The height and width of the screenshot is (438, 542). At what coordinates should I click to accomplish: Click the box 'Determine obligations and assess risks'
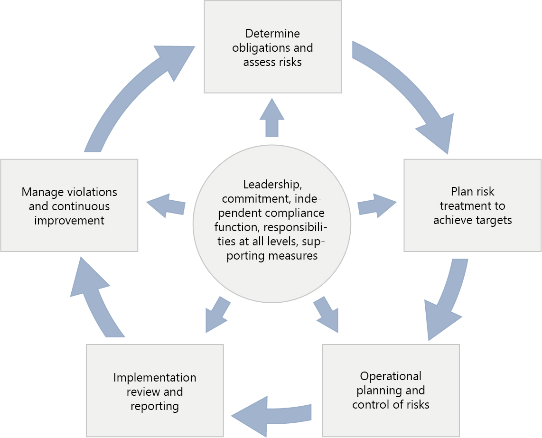(273, 47)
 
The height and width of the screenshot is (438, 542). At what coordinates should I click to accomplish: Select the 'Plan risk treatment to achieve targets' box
(473, 205)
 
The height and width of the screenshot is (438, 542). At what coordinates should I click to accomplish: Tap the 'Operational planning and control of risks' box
(391, 391)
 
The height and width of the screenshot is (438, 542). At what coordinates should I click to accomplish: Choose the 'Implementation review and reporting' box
(155, 391)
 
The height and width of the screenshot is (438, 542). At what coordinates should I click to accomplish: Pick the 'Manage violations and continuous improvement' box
(69, 205)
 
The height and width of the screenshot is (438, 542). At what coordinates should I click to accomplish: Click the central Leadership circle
(272, 224)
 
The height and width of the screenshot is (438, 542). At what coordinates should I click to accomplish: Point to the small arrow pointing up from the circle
(272, 118)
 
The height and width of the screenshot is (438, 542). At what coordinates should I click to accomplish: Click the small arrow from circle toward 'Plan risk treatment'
(377, 205)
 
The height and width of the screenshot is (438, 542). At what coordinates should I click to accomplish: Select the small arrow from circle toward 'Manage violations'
(166, 205)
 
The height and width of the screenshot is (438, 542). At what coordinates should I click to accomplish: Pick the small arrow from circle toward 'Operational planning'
(327, 315)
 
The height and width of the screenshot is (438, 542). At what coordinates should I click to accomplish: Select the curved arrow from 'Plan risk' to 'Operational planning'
(446, 301)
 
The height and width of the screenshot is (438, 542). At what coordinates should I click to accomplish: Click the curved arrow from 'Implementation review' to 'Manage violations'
(93, 298)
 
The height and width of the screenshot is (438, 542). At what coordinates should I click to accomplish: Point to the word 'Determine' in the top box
(272, 34)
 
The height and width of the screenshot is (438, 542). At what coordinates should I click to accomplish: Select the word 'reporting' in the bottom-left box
(155, 407)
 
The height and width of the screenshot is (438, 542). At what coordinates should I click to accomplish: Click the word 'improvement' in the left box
(69, 221)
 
